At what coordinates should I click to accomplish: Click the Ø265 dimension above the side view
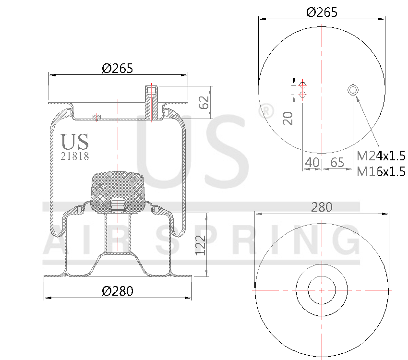point(117,69)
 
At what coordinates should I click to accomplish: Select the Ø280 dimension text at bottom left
point(117,291)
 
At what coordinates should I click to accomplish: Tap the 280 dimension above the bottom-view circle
point(322,207)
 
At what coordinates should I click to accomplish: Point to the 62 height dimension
point(204,102)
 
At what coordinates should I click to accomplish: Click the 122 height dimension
point(201,245)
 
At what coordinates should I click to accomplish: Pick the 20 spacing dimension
point(288,118)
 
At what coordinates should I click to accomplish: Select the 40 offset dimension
point(312,163)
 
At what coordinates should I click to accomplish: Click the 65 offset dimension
point(337,163)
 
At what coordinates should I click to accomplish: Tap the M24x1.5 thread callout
point(382,156)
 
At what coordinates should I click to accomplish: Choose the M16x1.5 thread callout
point(382,171)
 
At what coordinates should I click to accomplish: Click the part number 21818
point(74,156)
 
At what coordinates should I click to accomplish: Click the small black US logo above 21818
point(74,142)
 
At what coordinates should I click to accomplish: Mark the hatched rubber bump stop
point(118,190)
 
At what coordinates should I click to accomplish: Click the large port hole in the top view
point(353,90)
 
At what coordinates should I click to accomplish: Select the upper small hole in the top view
point(302,85)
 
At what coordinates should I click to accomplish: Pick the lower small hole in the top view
point(302,95)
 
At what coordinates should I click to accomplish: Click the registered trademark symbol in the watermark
point(265,111)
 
